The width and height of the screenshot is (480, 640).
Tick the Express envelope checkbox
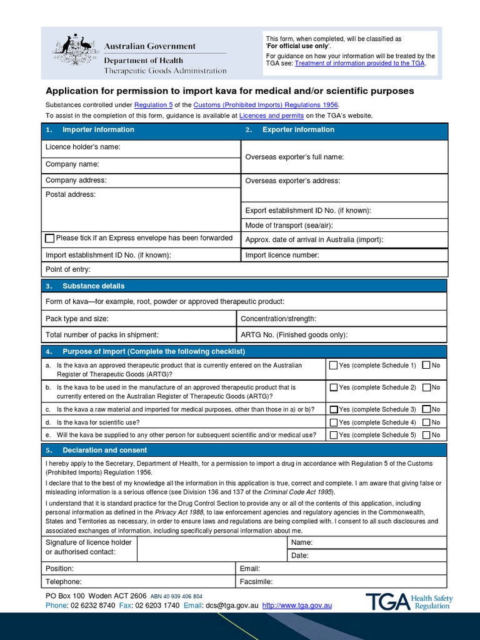coord(50,238)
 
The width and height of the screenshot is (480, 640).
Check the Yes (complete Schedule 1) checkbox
coord(334,365)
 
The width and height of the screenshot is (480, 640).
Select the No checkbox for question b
coord(426,387)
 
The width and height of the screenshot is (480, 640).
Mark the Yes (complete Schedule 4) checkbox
coord(334,422)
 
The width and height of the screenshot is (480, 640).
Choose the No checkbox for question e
coord(426,435)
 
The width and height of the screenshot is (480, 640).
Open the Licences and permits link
coord(271,116)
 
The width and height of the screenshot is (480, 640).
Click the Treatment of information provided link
coord(359,63)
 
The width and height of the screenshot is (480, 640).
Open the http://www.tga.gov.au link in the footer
coord(297,606)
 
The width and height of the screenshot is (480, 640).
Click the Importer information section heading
coord(98,130)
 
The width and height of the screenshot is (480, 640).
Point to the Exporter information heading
coord(298,130)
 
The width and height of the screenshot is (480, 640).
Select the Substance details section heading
coord(93,286)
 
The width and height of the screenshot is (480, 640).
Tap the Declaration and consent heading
coord(104,450)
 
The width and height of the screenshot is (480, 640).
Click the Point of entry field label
coord(68,269)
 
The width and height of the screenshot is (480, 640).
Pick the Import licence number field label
coord(282,255)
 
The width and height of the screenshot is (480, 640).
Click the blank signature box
coord(211,548)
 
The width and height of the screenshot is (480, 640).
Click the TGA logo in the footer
coord(409,602)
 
